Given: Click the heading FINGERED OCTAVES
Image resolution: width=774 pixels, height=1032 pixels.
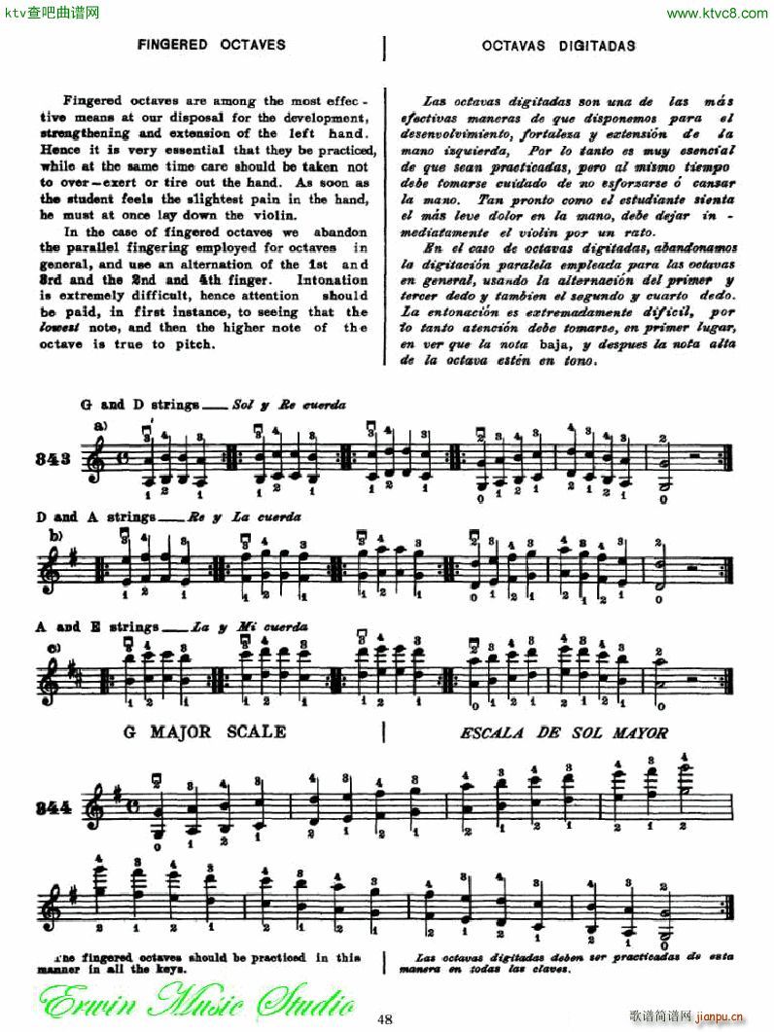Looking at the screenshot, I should pos(210,45).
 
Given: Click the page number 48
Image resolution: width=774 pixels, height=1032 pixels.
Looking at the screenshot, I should pos(386,1018).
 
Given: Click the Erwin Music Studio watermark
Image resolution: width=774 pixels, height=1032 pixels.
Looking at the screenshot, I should pos(194,997).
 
